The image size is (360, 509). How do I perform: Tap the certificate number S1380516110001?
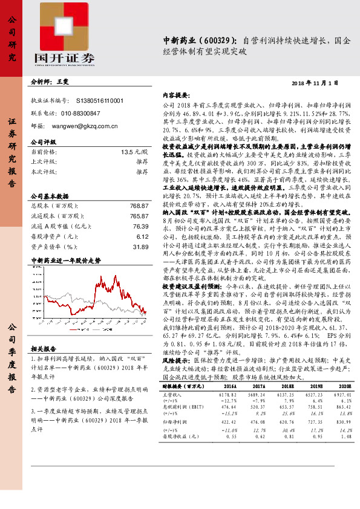tap(100, 100)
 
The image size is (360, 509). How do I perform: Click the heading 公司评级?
tap(43, 141)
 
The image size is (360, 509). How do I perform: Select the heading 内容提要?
tap(177, 95)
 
